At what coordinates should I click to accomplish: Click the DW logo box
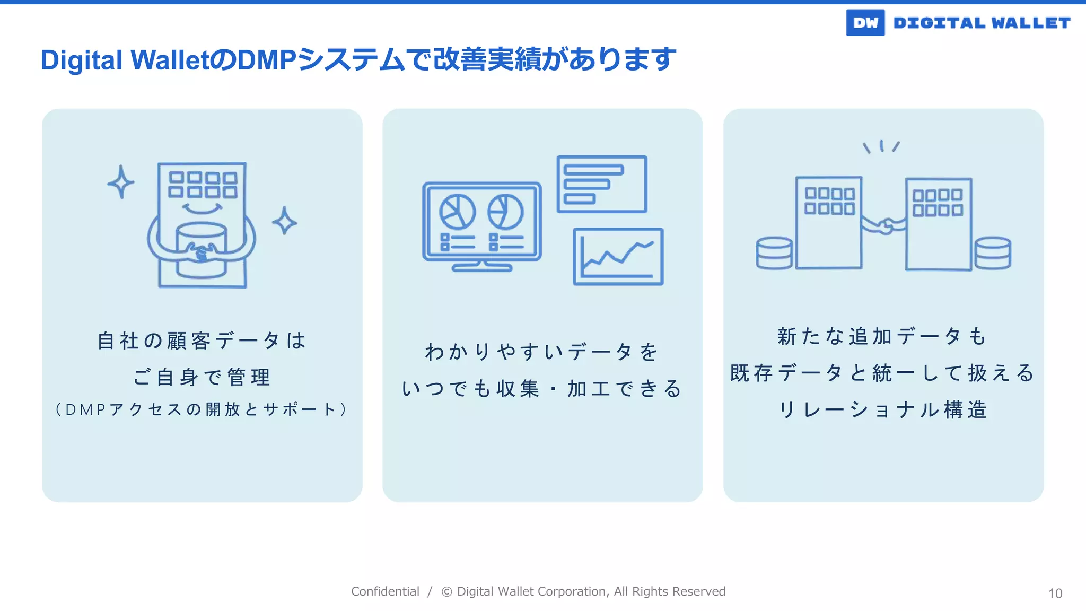865,23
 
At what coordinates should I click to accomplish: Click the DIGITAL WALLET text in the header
982,23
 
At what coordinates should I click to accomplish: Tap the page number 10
1055,593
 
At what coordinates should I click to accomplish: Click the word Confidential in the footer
385,591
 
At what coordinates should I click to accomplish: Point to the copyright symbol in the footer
446,592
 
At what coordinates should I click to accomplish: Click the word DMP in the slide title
266,59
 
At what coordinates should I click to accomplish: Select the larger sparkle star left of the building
121,182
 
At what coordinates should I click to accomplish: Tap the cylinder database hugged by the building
202,249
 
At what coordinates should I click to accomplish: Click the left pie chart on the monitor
457,212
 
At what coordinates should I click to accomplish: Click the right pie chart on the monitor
505,212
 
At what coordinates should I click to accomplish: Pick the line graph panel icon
618,257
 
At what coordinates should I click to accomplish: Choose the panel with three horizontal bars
602,184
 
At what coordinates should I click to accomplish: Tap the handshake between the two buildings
884,226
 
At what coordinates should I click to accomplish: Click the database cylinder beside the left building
774,253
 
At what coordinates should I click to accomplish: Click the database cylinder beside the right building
993,253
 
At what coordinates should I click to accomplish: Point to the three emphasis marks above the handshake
881,146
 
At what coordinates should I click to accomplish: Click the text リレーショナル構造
883,410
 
